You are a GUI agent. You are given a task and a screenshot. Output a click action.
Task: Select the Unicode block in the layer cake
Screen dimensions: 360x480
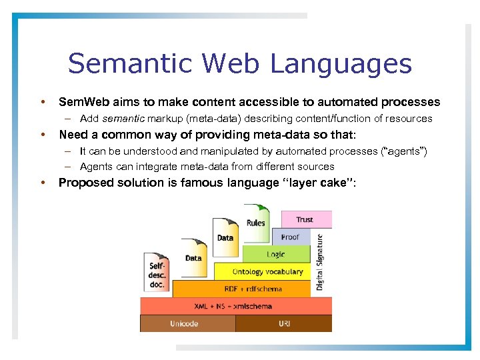(x=184, y=323)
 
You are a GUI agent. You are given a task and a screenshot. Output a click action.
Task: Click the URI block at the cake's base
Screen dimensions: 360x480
(x=283, y=323)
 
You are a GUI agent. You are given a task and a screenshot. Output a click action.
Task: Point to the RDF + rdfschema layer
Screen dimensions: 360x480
(x=243, y=289)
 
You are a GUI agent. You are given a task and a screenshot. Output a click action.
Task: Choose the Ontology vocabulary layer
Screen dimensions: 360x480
(x=267, y=271)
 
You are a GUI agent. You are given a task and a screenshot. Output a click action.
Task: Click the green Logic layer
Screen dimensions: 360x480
(x=276, y=254)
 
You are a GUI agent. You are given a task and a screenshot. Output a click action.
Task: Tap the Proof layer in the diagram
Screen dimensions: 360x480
(x=290, y=237)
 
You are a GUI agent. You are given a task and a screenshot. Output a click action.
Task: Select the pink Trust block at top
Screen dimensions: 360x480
(x=305, y=219)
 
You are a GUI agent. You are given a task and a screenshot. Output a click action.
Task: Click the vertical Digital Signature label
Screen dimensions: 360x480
(x=320, y=261)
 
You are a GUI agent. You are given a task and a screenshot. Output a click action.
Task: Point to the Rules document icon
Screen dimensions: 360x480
(x=255, y=223)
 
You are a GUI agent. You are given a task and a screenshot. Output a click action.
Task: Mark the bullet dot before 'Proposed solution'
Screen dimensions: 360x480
(x=43, y=183)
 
